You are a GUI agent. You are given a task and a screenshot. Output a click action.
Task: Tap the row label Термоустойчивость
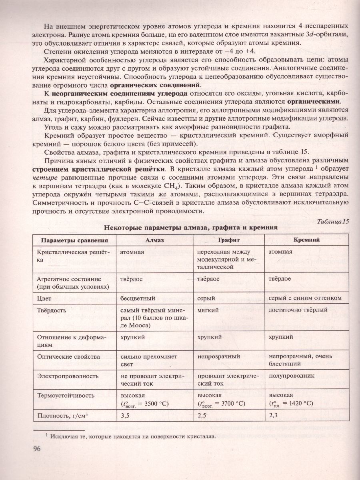point(66,395)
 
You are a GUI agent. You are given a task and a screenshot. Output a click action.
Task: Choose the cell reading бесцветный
point(135,298)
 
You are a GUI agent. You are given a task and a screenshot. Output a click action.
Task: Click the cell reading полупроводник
point(292,376)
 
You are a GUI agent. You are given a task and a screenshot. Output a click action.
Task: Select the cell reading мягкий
point(208,310)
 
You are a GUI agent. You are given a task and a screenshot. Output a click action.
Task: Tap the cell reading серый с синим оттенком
point(305,298)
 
